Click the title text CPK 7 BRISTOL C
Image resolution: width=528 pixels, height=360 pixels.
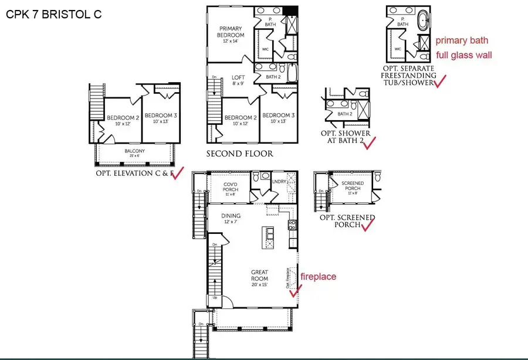click(53, 13)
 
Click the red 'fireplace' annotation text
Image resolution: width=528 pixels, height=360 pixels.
click(319, 276)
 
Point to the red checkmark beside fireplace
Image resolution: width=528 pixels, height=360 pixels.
click(296, 288)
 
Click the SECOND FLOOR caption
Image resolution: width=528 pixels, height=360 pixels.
click(239, 154)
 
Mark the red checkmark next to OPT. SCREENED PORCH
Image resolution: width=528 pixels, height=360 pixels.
click(368, 225)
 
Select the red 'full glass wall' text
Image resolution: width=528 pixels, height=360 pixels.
click(463, 56)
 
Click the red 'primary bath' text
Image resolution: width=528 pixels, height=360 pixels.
click(462, 40)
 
